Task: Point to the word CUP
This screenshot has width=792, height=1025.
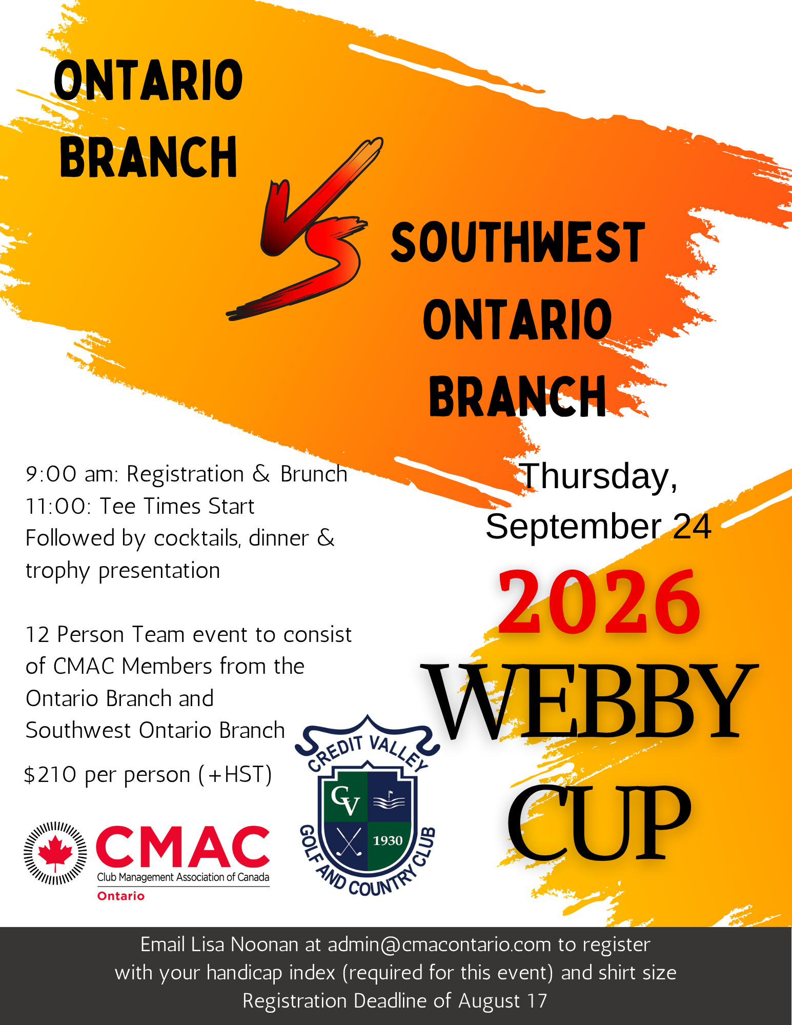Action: [x=599, y=820]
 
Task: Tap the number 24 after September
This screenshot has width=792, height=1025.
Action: [x=692, y=527]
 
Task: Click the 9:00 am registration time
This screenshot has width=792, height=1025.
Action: [x=72, y=474]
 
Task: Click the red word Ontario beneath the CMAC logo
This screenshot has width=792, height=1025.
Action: [x=121, y=896]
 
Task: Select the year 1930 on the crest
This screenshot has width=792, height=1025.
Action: [x=388, y=840]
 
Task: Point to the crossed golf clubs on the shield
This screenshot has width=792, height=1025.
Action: [x=349, y=842]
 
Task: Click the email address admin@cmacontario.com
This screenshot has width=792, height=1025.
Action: [x=439, y=944]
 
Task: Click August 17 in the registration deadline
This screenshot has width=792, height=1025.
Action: [x=502, y=1001]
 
